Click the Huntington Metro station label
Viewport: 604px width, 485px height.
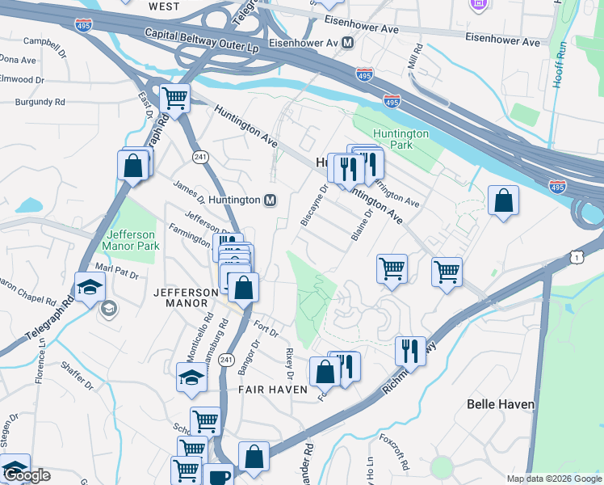click(x=233, y=200)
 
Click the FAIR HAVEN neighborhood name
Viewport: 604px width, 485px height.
click(x=272, y=390)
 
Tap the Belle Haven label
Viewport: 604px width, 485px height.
click(x=499, y=402)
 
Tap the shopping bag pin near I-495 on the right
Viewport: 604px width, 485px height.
click(x=503, y=200)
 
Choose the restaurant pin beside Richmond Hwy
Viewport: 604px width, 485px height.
click(x=410, y=351)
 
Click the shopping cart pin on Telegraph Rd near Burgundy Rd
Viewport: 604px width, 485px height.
click(x=174, y=99)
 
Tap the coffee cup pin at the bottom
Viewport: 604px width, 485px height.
click(x=217, y=477)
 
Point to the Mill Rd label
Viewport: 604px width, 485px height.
click(x=415, y=58)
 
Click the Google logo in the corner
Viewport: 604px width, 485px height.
click(x=27, y=475)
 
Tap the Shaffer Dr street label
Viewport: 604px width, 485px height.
click(x=78, y=377)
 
